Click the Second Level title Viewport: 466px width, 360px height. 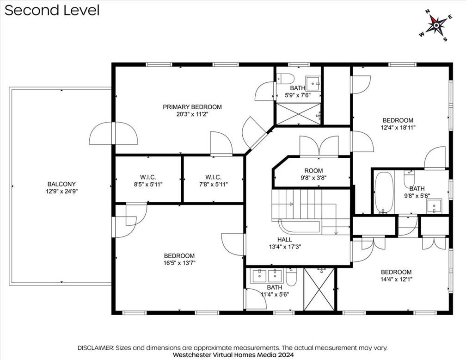pos(52,11)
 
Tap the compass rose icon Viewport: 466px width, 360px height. pos(436,25)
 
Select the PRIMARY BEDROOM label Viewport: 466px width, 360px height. pos(192,107)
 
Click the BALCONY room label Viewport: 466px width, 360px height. pos(61,184)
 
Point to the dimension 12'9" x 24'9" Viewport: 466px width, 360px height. pos(61,191)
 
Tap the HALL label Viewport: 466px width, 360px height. pos(285,240)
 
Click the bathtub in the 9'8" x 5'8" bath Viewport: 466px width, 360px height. pos(384,193)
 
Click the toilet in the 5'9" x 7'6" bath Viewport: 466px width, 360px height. pos(285,79)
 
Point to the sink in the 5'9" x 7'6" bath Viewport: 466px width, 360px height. pos(313,83)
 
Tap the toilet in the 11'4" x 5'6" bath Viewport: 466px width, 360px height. pos(291,277)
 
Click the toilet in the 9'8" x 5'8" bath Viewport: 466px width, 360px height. pos(409,179)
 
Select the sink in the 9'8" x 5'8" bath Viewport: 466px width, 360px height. pos(434,206)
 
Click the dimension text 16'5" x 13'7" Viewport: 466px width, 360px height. pos(179,263)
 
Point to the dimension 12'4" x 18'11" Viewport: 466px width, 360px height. pos(398,128)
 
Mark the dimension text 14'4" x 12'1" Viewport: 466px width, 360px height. pos(397,279)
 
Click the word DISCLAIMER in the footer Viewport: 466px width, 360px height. pos(96,348)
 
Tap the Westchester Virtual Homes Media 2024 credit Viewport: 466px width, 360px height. pos(233,354)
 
